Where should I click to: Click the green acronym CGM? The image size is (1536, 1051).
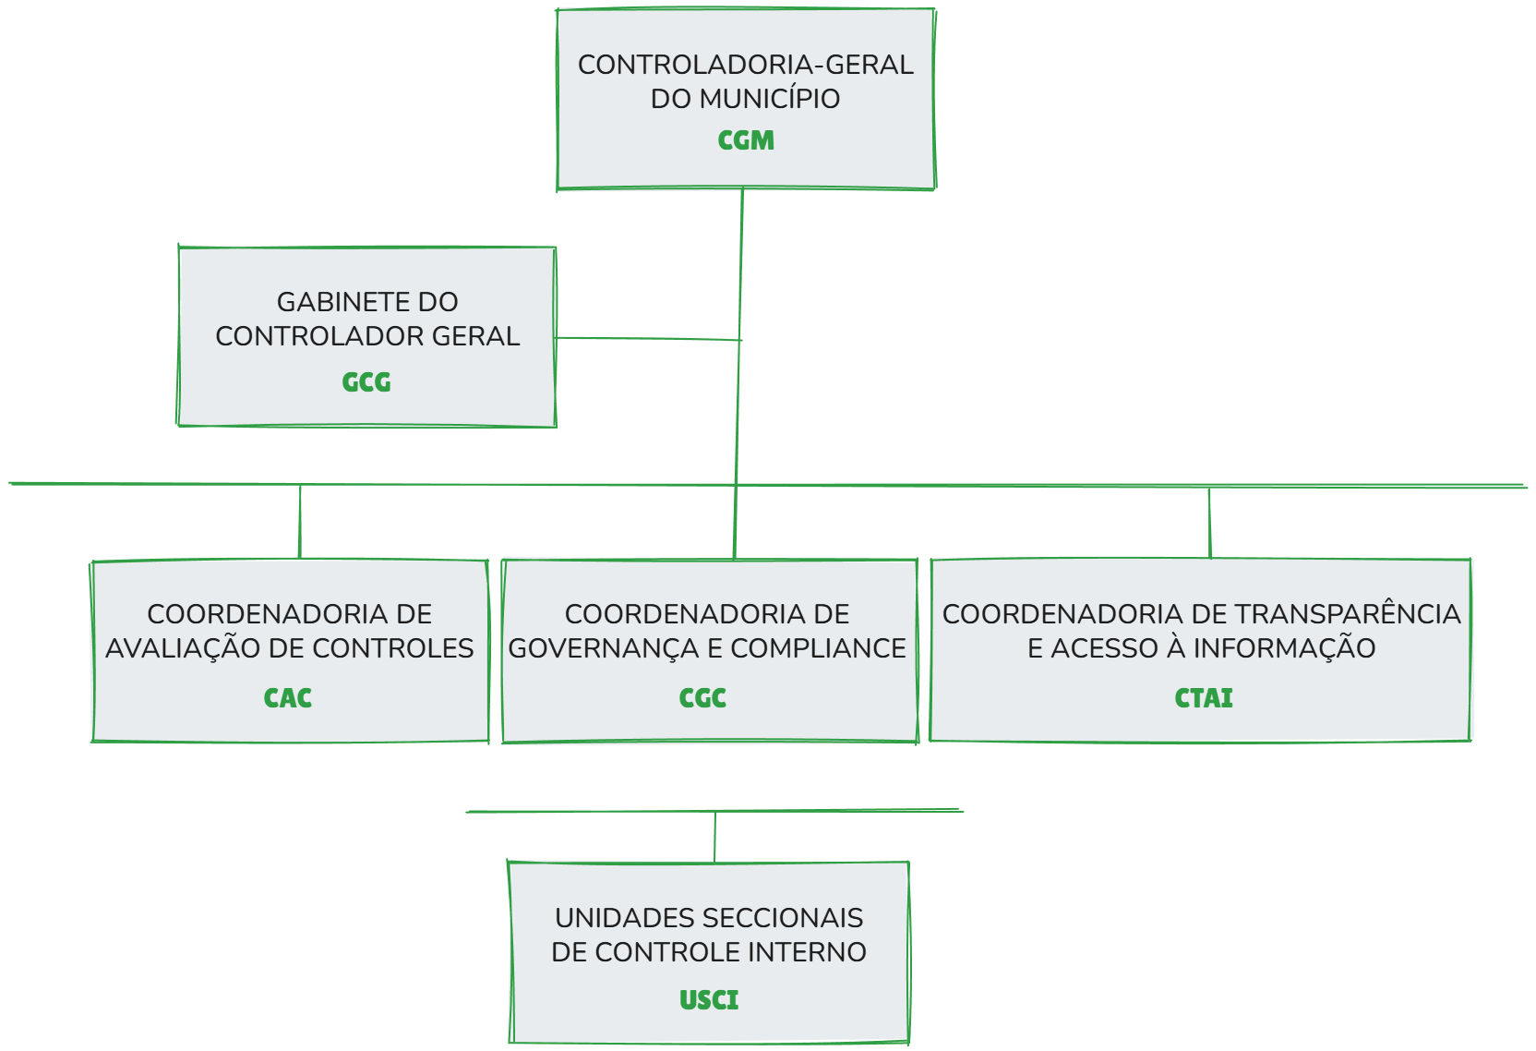click(x=746, y=140)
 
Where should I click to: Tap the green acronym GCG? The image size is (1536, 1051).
click(x=366, y=382)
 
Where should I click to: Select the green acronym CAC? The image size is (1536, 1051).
click(x=288, y=698)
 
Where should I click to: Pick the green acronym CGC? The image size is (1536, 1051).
click(x=702, y=698)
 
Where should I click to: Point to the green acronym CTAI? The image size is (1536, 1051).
click(x=1203, y=698)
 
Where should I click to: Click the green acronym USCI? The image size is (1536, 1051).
click(x=709, y=1000)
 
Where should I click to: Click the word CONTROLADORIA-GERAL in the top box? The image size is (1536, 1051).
click(x=745, y=65)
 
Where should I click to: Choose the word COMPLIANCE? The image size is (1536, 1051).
click(x=818, y=648)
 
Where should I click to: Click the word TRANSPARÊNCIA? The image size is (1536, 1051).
click(x=1348, y=614)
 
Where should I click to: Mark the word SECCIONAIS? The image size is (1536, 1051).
click(x=787, y=918)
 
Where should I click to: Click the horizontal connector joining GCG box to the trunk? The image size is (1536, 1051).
click(x=646, y=339)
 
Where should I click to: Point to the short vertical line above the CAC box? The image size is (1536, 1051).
click(x=300, y=522)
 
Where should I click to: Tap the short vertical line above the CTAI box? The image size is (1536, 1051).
click(x=1209, y=523)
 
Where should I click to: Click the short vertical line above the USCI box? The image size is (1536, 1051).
click(x=714, y=837)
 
